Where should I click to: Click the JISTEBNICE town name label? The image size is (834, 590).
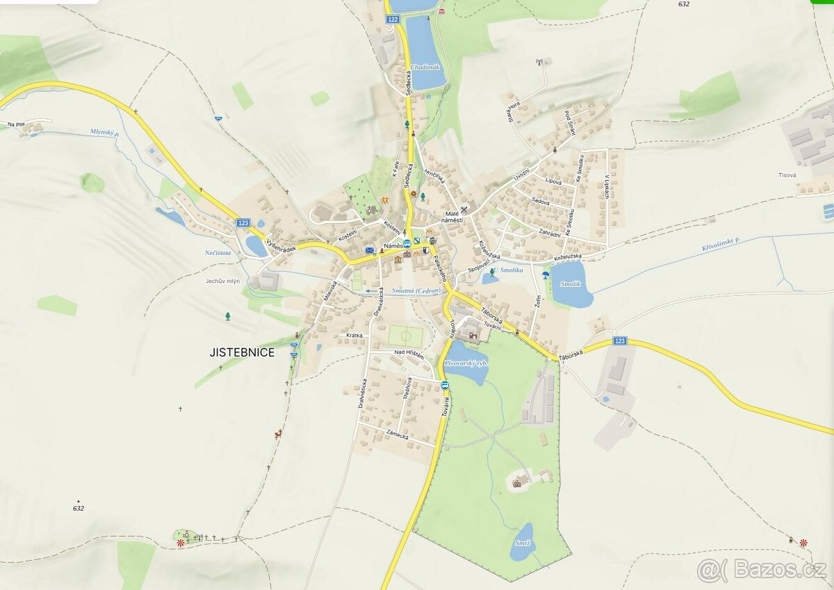tap(242, 352)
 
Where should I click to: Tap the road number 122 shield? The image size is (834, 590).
tap(394, 20)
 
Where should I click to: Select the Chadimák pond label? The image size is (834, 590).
tap(425, 67)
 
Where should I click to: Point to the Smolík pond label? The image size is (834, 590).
tap(570, 284)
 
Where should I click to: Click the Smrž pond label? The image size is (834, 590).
tap(523, 542)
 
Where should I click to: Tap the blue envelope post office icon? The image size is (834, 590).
tap(370, 249)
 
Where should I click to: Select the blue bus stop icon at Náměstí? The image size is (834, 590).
tap(407, 243)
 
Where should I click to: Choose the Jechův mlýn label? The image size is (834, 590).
tap(222, 281)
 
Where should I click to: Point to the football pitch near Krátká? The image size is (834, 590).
tap(406, 337)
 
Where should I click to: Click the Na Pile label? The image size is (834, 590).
tap(16, 125)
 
